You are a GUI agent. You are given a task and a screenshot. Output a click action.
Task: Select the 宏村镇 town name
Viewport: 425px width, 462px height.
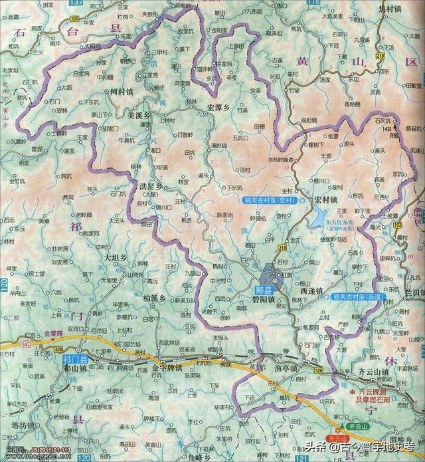(x=327, y=199)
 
